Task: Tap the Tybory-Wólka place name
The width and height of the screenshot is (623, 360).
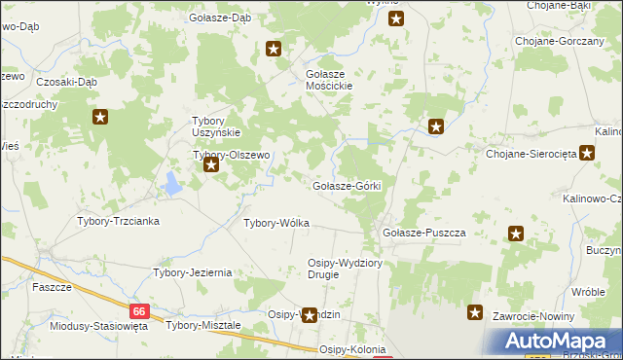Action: pyautogui.click(x=276, y=223)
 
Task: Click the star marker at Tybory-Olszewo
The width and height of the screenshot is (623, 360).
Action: pyautogui.click(x=211, y=165)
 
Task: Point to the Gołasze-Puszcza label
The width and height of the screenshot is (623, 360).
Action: pyautogui.click(x=424, y=234)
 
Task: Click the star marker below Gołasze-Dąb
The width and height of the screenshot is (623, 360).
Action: pyautogui.click(x=275, y=49)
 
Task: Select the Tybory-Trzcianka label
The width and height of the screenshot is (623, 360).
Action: pyautogui.click(x=118, y=221)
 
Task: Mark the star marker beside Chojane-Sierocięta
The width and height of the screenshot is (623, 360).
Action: pyautogui.click(x=587, y=153)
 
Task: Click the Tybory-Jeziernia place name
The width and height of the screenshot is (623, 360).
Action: pyautogui.click(x=192, y=272)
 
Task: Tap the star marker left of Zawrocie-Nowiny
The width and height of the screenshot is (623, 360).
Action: pyautogui.click(x=475, y=312)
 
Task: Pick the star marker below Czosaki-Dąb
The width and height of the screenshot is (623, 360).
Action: pyautogui.click(x=100, y=118)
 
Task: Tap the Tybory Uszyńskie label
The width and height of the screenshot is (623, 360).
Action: pyautogui.click(x=214, y=126)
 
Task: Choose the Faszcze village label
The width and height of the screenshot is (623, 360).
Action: pyautogui.click(x=52, y=288)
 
